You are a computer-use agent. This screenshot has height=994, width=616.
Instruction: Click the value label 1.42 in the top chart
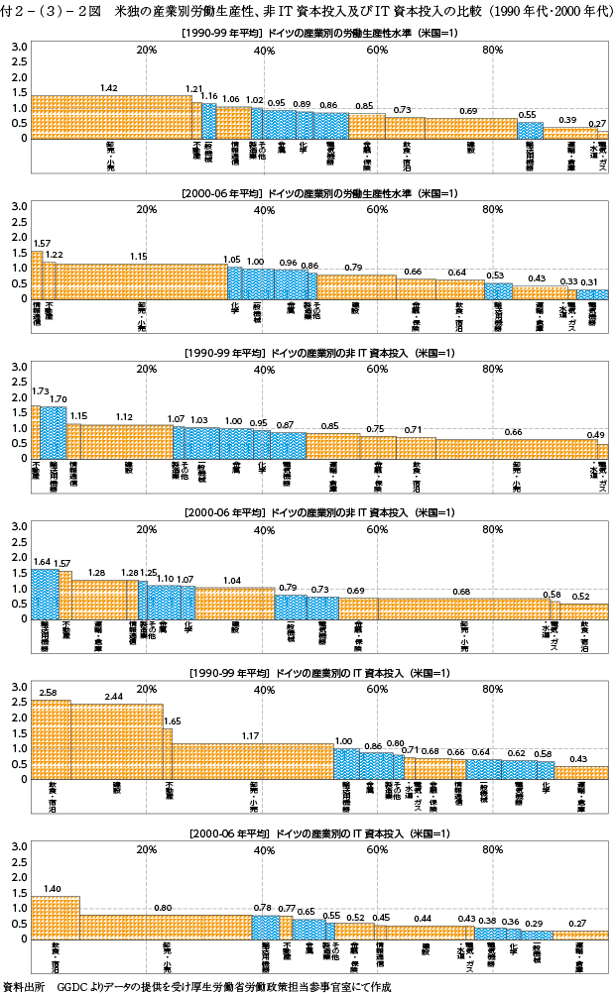coord(109,88)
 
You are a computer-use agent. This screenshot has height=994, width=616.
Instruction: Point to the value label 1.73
coord(40,391)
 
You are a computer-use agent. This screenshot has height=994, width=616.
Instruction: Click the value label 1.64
coord(42,561)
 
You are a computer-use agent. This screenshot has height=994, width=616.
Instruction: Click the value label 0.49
coord(596,435)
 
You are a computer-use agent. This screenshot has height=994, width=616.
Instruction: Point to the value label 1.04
coord(233,580)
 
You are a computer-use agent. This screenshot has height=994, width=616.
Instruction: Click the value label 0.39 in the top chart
coord(567,120)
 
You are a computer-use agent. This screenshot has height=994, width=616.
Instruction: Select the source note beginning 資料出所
coord(198,986)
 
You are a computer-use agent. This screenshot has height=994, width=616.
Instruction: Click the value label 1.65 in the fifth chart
coord(173,721)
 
